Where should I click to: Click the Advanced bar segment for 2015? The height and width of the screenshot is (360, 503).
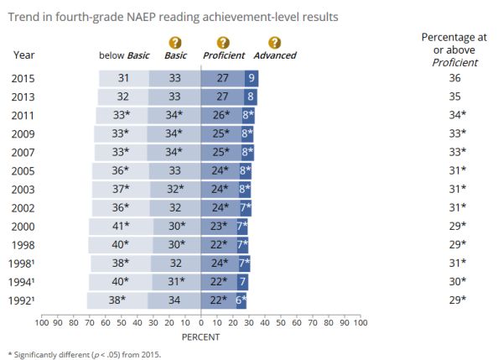tap(251, 78)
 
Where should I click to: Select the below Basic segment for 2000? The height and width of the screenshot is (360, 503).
tap(122, 226)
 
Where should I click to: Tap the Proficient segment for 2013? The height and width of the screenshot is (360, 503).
tap(222, 97)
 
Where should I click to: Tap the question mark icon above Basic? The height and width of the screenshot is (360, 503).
tap(174, 42)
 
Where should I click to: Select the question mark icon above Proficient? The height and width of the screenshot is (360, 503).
tap(222, 42)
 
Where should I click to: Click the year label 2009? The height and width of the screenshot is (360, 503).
tap(24, 133)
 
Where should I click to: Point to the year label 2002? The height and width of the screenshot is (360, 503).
tap(24, 207)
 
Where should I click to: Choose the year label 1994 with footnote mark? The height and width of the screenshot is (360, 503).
tap(26, 281)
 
